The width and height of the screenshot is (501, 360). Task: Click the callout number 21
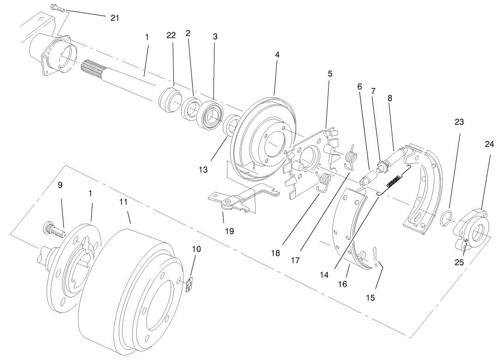(x=115, y=18)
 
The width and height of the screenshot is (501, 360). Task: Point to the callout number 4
(x=277, y=55)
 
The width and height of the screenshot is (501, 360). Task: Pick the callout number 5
(x=330, y=73)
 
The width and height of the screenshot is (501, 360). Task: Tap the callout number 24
(x=489, y=144)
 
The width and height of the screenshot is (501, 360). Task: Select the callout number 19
(x=229, y=231)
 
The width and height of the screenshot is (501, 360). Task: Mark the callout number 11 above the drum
(x=122, y=202)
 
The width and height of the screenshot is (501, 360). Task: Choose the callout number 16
(x=342, y=284)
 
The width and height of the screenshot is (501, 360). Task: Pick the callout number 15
(x=371, y=298)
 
